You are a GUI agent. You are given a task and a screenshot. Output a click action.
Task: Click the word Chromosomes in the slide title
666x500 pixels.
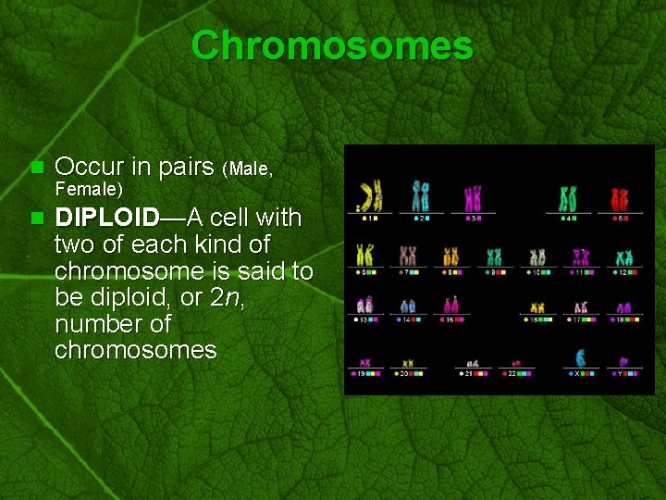(332, 45)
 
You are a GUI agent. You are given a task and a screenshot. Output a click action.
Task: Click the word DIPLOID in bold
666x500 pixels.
(107, 218)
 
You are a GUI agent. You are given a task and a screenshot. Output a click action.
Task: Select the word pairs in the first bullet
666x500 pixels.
(184, 167)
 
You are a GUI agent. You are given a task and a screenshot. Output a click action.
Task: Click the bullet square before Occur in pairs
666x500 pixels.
(37, 168)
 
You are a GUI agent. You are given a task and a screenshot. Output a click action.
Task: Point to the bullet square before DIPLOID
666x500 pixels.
(37, 219)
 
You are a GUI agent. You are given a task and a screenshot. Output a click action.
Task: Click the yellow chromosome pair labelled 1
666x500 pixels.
(370, 196)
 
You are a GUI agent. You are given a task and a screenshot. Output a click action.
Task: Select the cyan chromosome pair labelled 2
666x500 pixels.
(421, 196)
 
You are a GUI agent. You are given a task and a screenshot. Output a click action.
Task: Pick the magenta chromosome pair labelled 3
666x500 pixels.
(473, 197)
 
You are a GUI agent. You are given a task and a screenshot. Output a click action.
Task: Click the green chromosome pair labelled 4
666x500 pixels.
(568, 198)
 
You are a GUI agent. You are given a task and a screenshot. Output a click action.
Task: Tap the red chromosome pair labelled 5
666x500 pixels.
(620, 198)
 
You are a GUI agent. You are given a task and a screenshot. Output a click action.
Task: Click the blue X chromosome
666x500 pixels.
(580, 358)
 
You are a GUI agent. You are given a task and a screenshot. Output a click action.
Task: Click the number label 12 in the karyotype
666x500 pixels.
(624, 273)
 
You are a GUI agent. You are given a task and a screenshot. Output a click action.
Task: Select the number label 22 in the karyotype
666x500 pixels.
(512, 373)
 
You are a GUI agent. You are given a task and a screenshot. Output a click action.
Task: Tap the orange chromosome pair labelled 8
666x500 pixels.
(450, 256)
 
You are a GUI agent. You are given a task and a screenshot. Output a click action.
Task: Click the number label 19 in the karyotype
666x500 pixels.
(364, 373)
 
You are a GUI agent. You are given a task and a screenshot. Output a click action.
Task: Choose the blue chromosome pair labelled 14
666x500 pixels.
(408, 306)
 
